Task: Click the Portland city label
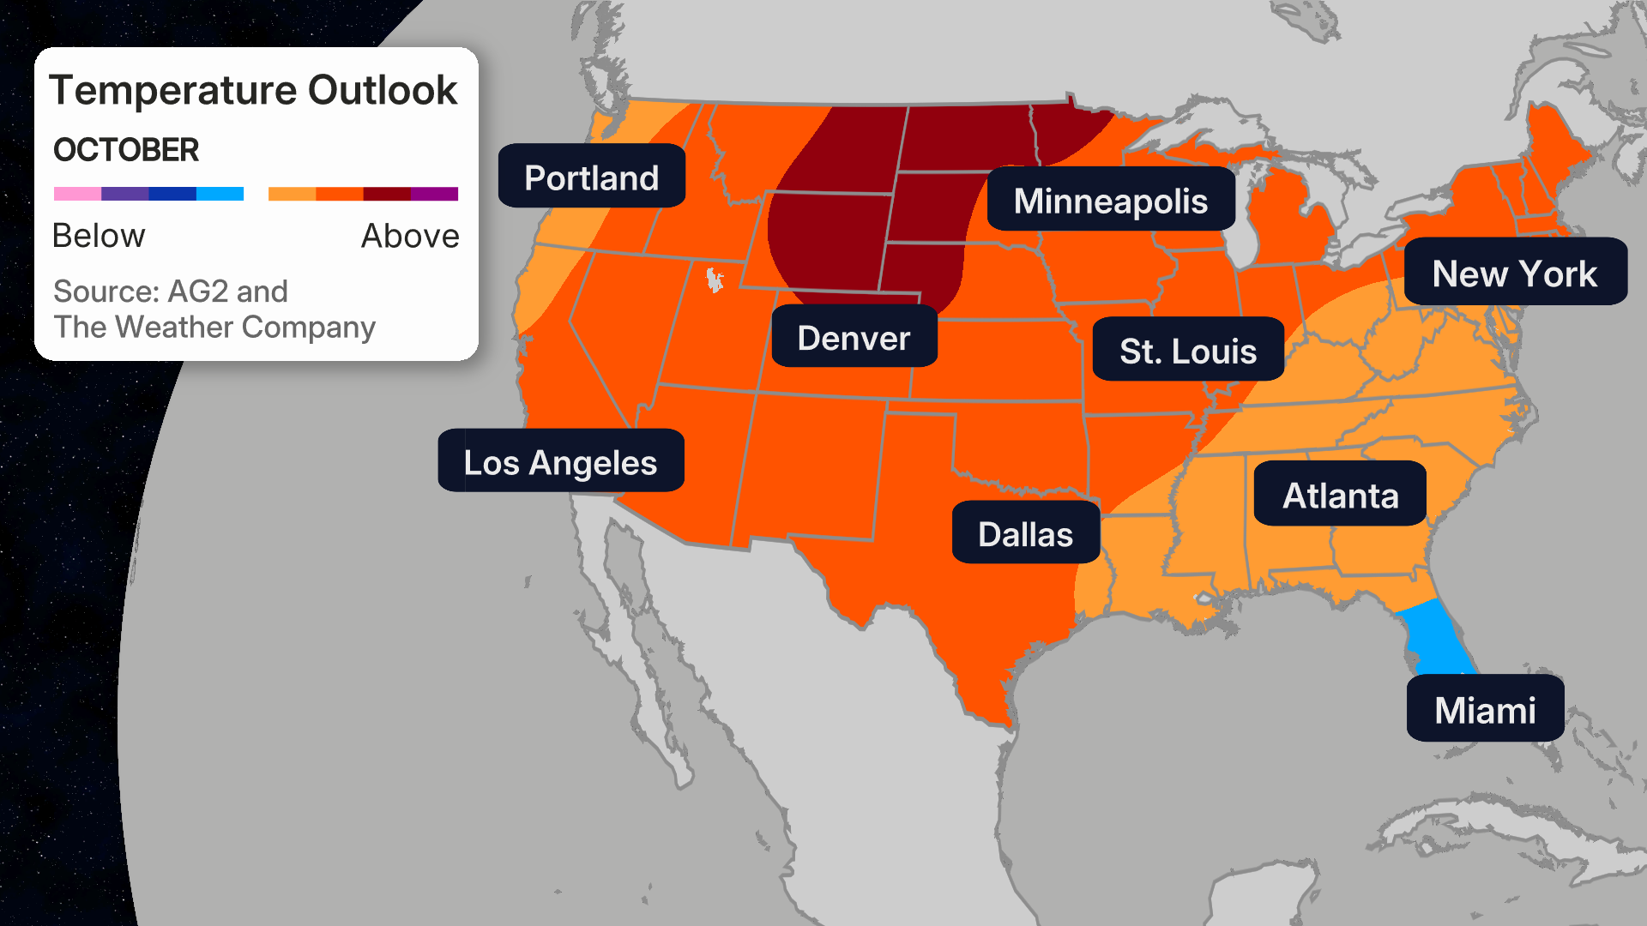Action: (591, 177)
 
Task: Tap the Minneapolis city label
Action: (1110, 201)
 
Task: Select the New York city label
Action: (1514, 274)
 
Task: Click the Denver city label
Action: (854, 338)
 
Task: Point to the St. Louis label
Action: (1187, 351)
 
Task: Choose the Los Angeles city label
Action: (560, 462)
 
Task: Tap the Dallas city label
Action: (1025, 533)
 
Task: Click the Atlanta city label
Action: (1340, 495)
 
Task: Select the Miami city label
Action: (1485, 709)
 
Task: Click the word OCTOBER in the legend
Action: (126, 150)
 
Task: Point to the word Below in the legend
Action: (99, 236)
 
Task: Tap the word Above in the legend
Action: (410, 236)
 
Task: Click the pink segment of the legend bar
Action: (77, 194)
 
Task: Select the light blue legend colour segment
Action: (220, 194)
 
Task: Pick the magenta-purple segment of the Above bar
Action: (435, 194)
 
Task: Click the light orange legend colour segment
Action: (292, 194)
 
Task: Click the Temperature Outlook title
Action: (253, 90)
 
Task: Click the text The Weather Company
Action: (214, 328)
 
